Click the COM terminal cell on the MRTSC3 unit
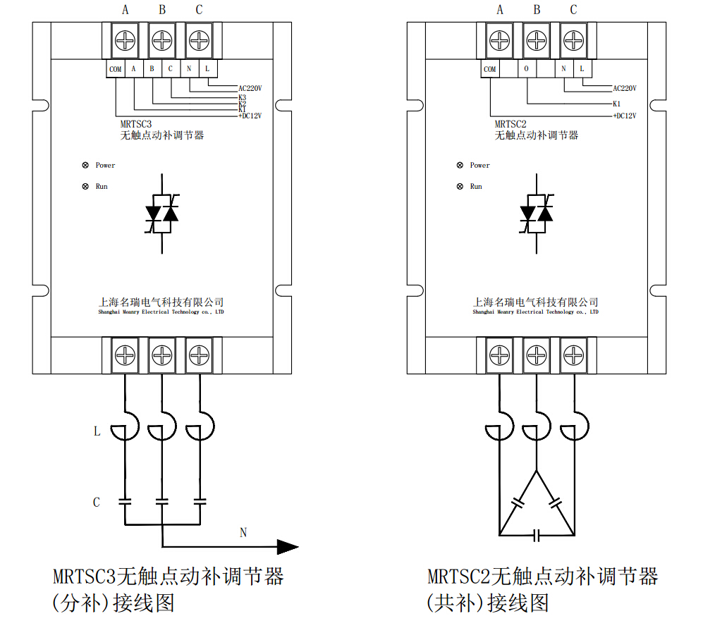tap(116, 69)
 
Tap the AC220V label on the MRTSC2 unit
tap(624, 89)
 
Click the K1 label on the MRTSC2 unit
tap(617, 103)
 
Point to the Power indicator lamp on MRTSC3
tap(85, 166)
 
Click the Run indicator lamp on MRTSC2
tap(460, 187)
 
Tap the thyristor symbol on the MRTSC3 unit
tap(162, 212)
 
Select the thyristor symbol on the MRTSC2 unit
tap(537, 212)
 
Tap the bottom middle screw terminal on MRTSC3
tap(162, 354)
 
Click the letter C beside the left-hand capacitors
tap(97, 503)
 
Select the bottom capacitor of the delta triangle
tap(537, 536)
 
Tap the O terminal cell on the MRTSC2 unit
tap(527, 69)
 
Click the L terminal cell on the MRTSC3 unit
tap(207, 69)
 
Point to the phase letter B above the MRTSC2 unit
tap(537, 10)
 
